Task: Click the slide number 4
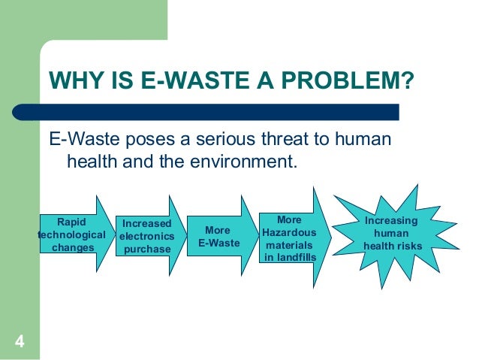click(20, 343)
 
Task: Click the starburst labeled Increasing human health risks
click(393, 234)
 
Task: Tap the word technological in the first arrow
click(71, 234)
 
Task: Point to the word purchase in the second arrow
click(147, 249)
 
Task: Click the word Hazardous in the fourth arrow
click(289, 233)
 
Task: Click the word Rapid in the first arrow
click(71, 222)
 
